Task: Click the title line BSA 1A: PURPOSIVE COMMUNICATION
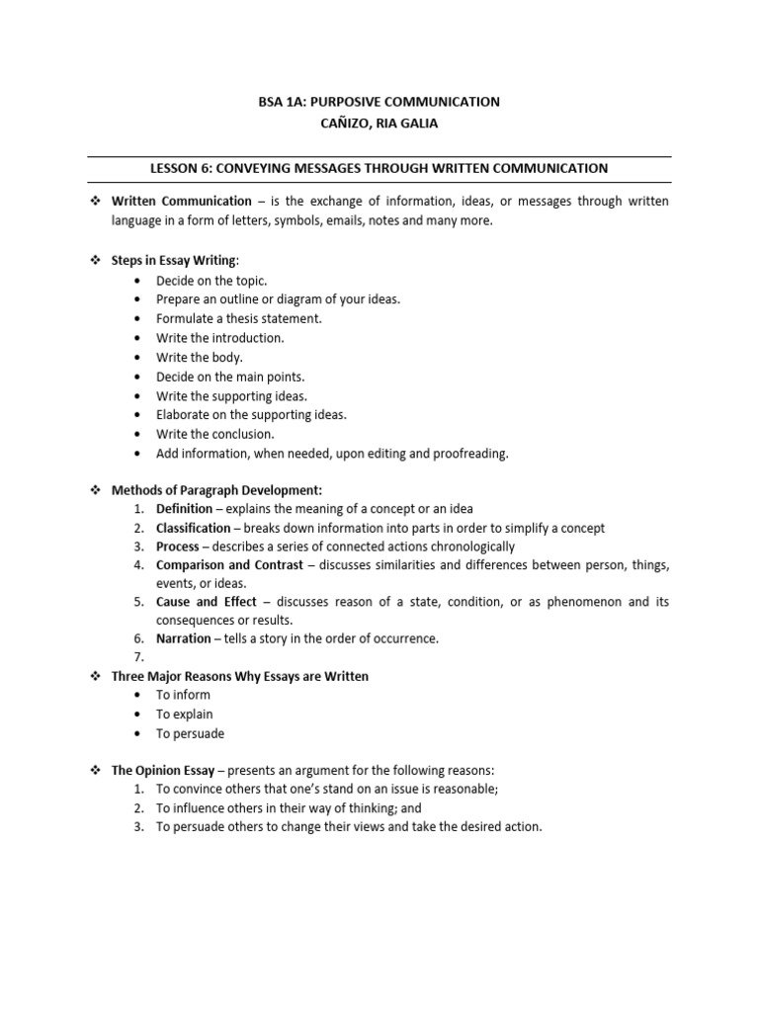click(379, 102)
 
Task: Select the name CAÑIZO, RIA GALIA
click(379, 124)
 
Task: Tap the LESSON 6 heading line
click(379, 169)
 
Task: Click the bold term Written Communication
click(181, 202)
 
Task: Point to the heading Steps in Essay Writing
click(174, 260)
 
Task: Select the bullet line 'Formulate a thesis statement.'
click(239, 318)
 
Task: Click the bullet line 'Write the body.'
click(199, 357)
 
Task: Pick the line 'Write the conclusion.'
click(215, 434)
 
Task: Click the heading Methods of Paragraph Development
click(215, 490)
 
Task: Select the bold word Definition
click(184, 509)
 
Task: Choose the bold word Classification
click(193, 528)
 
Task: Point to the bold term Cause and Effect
click(206, 602)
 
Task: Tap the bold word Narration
click(183, 638)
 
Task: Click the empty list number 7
click(139, 657)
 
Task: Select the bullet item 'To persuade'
click(191, 733)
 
